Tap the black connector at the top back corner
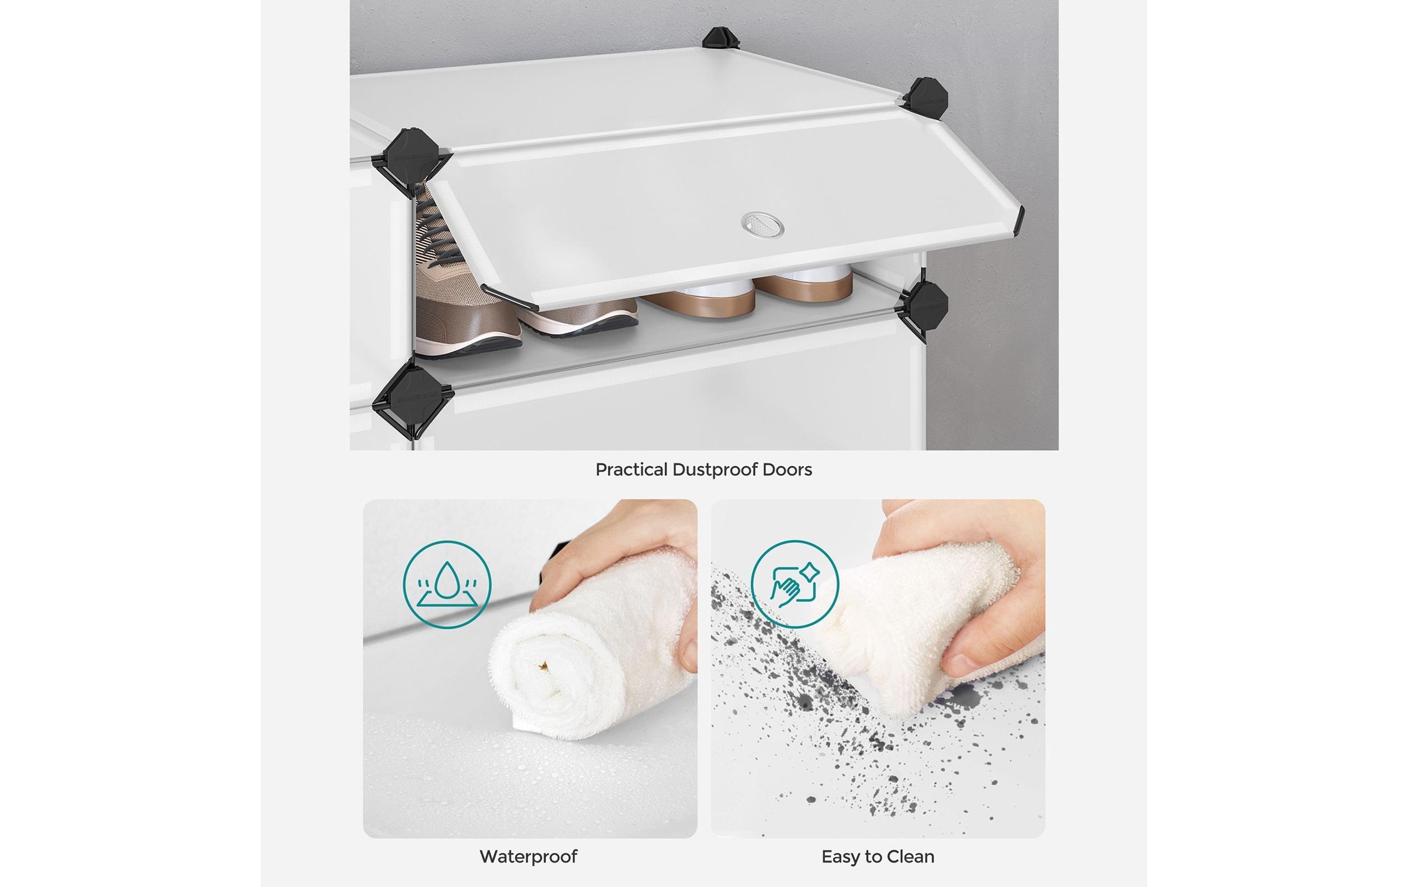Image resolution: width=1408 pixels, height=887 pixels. point(721,40)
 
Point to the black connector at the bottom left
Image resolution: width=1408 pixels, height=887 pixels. point(412,398)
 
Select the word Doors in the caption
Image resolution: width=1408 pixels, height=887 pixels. point(787,469)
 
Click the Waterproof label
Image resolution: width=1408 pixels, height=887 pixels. point(528,857)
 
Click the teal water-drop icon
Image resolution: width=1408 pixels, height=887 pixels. point(447,584)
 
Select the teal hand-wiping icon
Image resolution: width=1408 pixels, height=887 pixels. point(795,584)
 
